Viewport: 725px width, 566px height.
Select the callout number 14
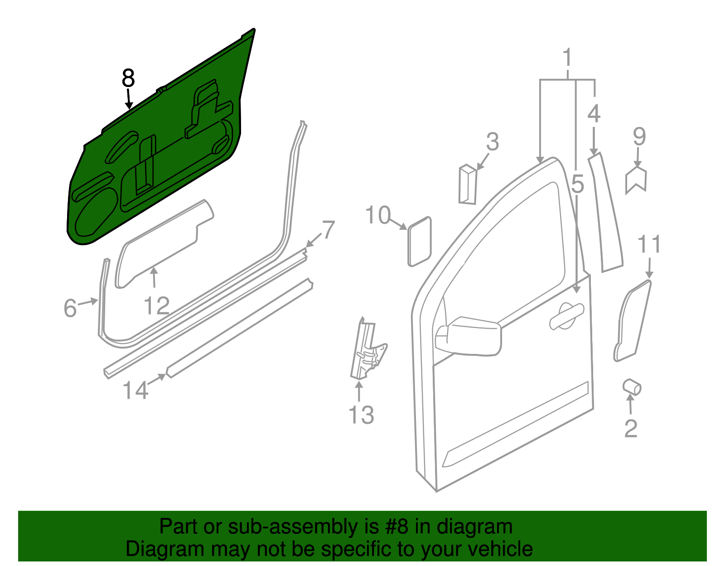coord(135,390)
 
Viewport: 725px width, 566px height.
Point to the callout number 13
coord(361,415)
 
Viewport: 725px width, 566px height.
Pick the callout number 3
coord(493,141)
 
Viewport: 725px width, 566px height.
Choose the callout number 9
coord(639,136)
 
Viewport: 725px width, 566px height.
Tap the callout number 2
coord(631,428)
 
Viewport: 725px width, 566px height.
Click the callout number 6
coord(70,308)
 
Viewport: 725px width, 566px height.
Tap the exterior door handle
coord(566,314)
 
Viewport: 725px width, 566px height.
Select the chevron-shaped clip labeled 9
coord(636,180)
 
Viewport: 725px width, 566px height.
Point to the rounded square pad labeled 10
coord(420,242)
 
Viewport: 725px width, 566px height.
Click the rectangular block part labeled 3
coord(467,184)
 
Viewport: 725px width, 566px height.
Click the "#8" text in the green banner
coord(396,527)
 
